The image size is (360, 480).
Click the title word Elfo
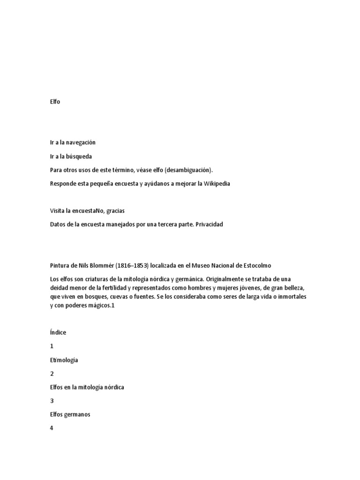pos(55,101)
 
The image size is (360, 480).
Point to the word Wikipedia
pos(216,183)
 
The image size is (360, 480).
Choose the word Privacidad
pos(207,224)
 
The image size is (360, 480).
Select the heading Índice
pos(58,332)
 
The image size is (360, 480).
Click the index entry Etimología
pos(64,360)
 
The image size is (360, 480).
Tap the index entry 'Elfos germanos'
pos(70,414)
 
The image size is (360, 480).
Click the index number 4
pos(52,428)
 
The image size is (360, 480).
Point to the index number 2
pos(52,374)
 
